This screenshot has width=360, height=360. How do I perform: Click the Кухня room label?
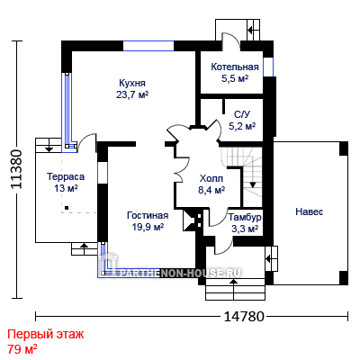point(132,83)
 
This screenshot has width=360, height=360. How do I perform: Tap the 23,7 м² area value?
point(132,95)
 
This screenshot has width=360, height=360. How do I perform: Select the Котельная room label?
point(235,67)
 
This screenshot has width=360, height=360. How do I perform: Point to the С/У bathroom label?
point(242,114)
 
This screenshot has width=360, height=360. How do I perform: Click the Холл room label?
point(211,178)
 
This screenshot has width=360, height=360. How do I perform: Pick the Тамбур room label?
point(245,217)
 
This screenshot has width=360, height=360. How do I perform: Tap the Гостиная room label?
point(148,215)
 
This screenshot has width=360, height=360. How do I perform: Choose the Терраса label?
point(66,176)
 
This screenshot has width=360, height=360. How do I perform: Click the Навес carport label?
point(310,211)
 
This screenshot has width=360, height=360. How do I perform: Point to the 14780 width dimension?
point(244,316)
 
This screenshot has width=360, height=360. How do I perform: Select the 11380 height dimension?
point(16,169)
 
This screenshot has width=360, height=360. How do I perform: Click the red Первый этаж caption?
point(46,334)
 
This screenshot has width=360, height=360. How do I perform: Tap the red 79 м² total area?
point(22,349)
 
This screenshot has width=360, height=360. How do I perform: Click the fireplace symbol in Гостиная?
point(192,220)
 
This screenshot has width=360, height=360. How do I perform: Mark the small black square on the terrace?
point(67,208)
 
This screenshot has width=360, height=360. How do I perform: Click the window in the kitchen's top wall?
point(148,46)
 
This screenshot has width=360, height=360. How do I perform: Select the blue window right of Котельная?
point(268,67)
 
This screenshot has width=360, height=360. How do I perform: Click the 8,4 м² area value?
point(211,190)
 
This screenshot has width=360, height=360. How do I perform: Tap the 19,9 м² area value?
point(148,227)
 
